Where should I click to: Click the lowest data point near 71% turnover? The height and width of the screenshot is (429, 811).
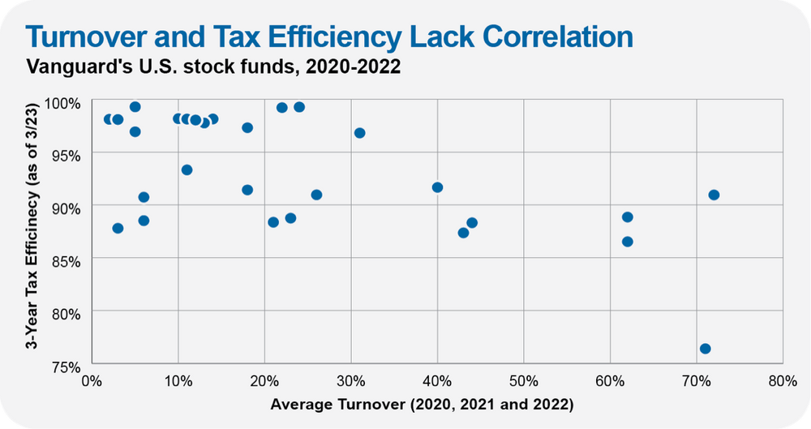click(705, 349)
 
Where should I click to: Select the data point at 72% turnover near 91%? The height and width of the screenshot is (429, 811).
click(714, 195)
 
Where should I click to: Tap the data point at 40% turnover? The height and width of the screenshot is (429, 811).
click(437, 187)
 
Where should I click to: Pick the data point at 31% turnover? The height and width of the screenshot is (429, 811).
click(359, 133)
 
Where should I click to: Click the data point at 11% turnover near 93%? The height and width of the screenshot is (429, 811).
click(187, 170)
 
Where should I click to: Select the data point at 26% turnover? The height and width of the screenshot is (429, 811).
click(316, 195)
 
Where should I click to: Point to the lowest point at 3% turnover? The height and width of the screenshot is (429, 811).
click(118, 228)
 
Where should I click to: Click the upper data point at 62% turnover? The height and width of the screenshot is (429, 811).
click(627, 217)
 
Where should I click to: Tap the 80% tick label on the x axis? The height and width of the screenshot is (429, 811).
click(782, 381)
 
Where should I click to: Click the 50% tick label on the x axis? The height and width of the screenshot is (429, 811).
click(523, 381)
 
